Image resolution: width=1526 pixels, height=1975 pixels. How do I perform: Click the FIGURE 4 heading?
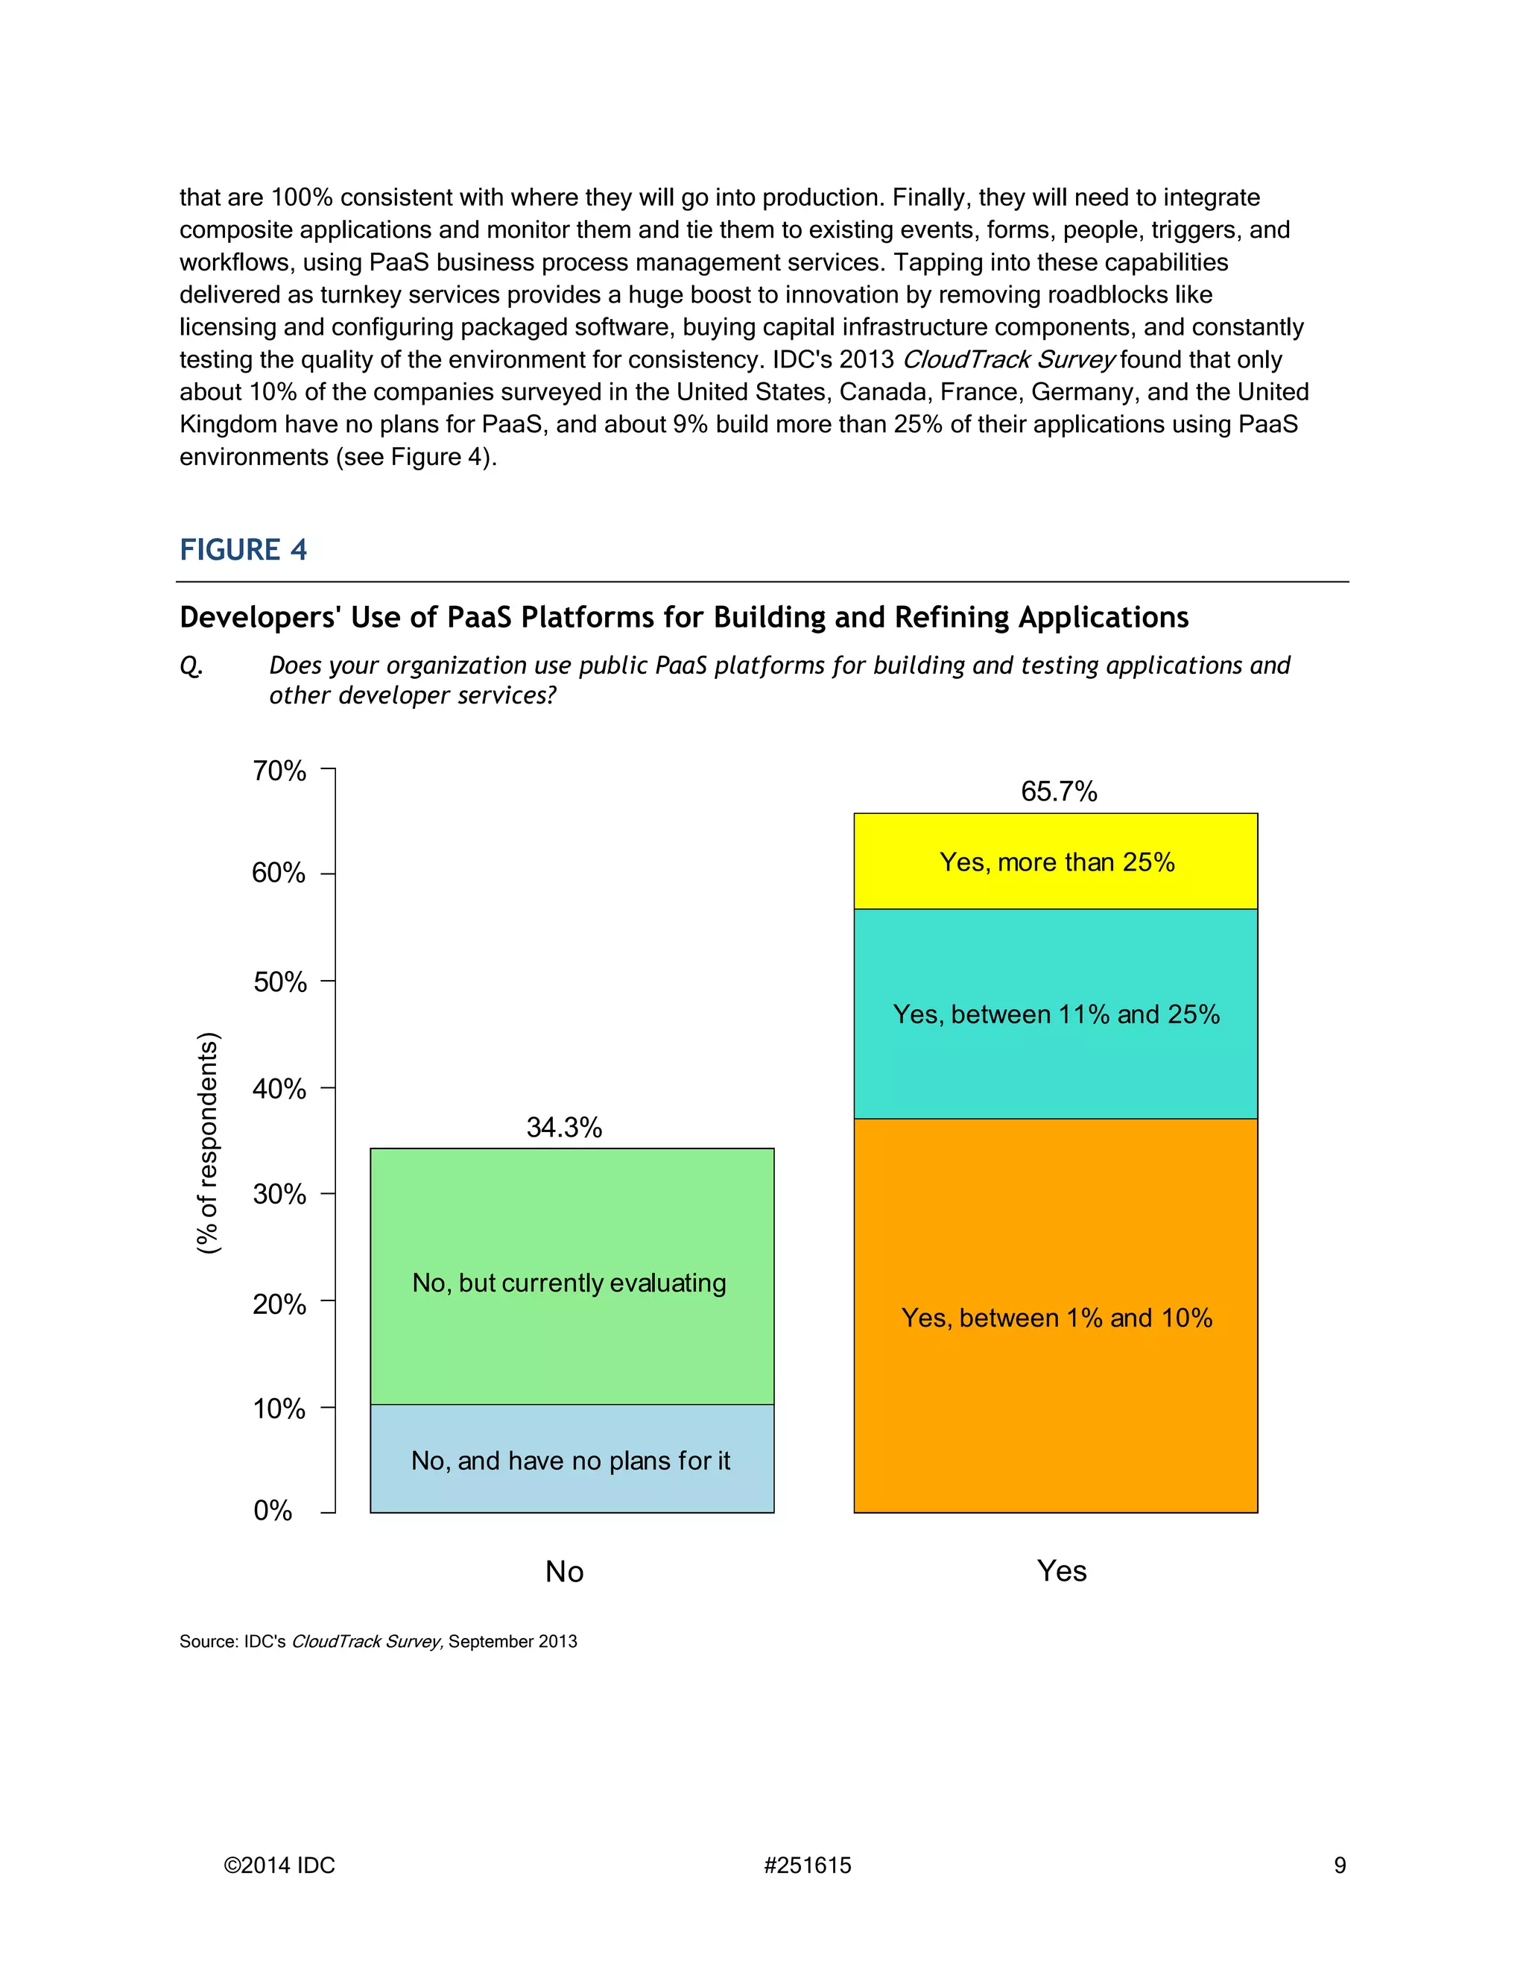243,550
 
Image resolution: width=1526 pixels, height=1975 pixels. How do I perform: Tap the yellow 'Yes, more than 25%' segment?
1055,862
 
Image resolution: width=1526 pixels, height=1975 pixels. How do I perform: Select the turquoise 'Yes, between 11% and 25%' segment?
1055,1014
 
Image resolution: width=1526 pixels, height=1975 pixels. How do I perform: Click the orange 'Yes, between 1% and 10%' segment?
1055,1318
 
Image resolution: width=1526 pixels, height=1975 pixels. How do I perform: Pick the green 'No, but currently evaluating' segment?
571,1283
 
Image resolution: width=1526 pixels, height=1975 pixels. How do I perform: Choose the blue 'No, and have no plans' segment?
571,1461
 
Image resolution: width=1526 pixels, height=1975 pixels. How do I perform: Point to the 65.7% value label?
1059,791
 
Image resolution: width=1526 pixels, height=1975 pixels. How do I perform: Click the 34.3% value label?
564,1128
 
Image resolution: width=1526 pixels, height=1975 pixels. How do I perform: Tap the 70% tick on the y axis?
279,771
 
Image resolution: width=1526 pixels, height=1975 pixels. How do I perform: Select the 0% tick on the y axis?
273,1510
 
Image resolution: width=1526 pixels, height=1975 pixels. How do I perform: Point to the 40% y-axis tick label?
279,1089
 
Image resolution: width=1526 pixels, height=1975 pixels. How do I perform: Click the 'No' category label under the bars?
564,1572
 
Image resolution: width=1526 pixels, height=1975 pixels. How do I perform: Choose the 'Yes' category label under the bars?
1061,1571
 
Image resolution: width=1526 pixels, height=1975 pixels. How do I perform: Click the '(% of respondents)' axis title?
208,1142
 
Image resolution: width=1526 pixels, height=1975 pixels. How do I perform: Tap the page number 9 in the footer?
1340,1865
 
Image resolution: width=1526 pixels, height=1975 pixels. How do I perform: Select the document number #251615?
807,1865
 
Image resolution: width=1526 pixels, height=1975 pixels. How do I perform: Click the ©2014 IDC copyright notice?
279,1865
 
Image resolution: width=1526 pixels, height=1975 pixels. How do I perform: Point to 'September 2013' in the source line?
513,1641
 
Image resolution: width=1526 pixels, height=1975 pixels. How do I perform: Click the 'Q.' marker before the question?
191,666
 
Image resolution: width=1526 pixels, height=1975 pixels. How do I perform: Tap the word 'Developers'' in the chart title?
259,618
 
